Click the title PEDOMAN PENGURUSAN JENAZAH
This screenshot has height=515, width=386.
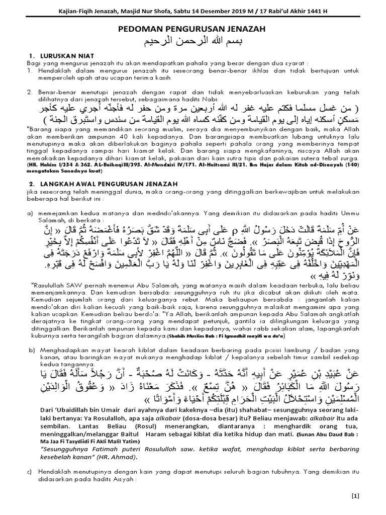(192, 30)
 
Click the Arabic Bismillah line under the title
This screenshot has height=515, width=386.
(192, 41)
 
